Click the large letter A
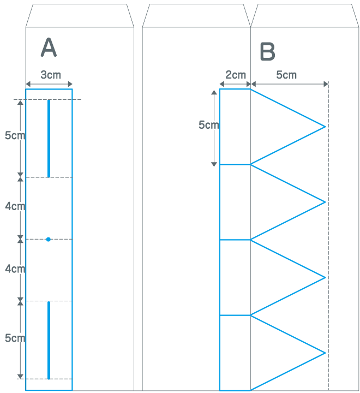coord(49,48)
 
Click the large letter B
coord(268,52)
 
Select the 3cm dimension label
coord(51,75)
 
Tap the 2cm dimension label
coord(236,75)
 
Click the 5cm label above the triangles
coord(286,75)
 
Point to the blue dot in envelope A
coord(49,239)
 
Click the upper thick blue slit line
coord(49,139)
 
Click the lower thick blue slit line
coord(49,340)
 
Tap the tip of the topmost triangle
coord(325,127)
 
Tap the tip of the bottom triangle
coord(325,353)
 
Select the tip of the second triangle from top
coord(325,202)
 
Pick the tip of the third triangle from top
coord(325,277)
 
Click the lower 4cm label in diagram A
coord(14,269)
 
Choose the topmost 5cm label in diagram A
coord(14,136)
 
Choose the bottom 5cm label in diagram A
coord(14,338)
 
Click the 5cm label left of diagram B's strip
coord(208,125)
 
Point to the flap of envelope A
coord(80,15)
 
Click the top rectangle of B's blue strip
coord(235,127)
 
